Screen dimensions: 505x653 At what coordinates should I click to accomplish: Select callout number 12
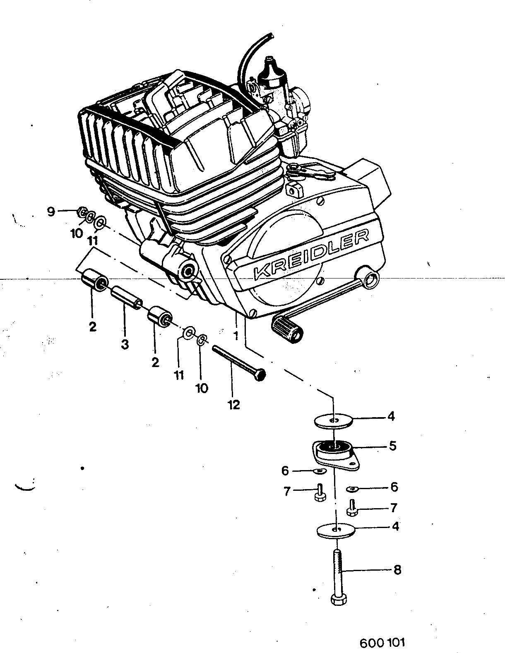tap(234, 406)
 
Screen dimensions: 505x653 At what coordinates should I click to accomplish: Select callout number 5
tap(392, 446)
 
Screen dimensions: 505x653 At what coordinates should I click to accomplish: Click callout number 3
tap(125, 344)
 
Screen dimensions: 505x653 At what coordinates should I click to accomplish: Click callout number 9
tap(51, 212)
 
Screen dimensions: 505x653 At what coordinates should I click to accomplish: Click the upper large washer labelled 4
tap(333, 420)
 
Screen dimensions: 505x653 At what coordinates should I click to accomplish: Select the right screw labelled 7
tap(352, 508)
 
